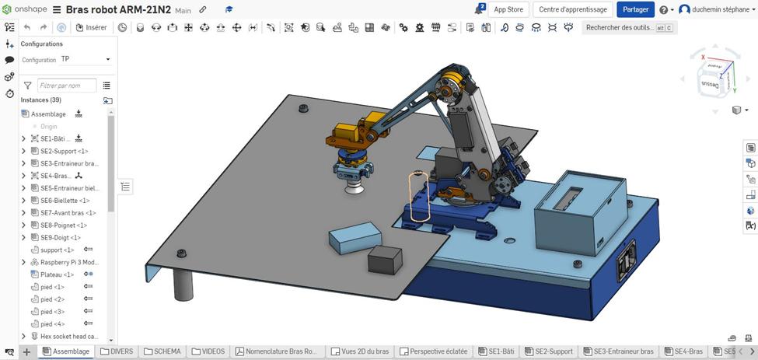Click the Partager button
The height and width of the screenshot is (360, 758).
click(635, 9)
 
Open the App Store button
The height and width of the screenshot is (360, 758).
click(508, 9)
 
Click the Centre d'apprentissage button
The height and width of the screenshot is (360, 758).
click(573, 9)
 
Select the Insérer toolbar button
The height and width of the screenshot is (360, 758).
click(92, 27)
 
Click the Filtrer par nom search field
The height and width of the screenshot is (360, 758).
click(67, 86)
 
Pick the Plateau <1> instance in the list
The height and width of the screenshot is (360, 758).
click(58, 274)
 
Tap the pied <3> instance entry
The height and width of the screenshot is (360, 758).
click(53, 312)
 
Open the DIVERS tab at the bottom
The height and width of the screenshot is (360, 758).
click(116, 351)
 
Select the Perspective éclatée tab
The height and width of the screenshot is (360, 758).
click(434, 351)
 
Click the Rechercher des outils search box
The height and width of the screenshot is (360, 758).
click(620, 27)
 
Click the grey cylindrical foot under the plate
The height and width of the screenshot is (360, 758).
click(183, 285)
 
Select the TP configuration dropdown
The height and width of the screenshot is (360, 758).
click(86, 59)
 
